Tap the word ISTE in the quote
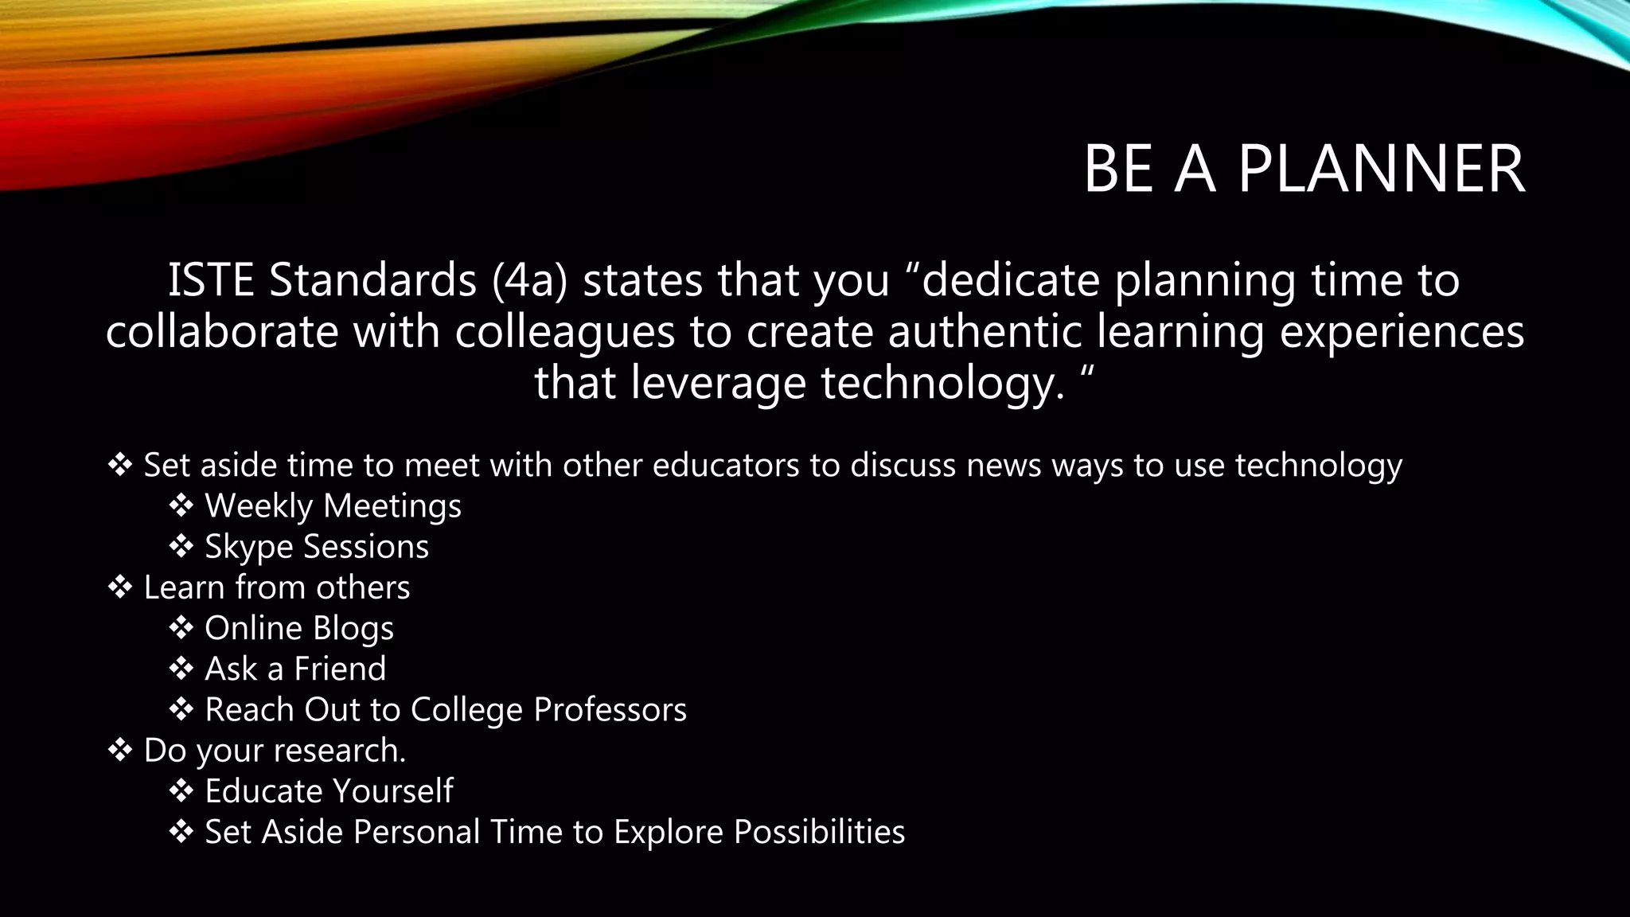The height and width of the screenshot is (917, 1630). [x=210, y=280]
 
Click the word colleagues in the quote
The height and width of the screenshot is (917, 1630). [x=564, y=331]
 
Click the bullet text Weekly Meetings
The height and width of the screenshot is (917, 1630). [x=333, y=506]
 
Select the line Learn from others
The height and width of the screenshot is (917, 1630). [x=276, y=587]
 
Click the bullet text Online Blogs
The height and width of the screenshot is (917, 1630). [x=298, y=629]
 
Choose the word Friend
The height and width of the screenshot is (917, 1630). [x=340, y=669]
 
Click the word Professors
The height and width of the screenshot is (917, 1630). [x=610, y=710]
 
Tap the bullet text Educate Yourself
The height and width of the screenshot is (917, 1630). [x=329, y=791]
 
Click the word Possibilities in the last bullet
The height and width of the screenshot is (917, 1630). [x=819, y=833]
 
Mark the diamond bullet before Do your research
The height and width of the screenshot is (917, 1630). [x=120, y=750]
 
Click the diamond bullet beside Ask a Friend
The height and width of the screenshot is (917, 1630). [x=181, y=669]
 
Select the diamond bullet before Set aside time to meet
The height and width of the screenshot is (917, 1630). [x=120, y=465]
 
